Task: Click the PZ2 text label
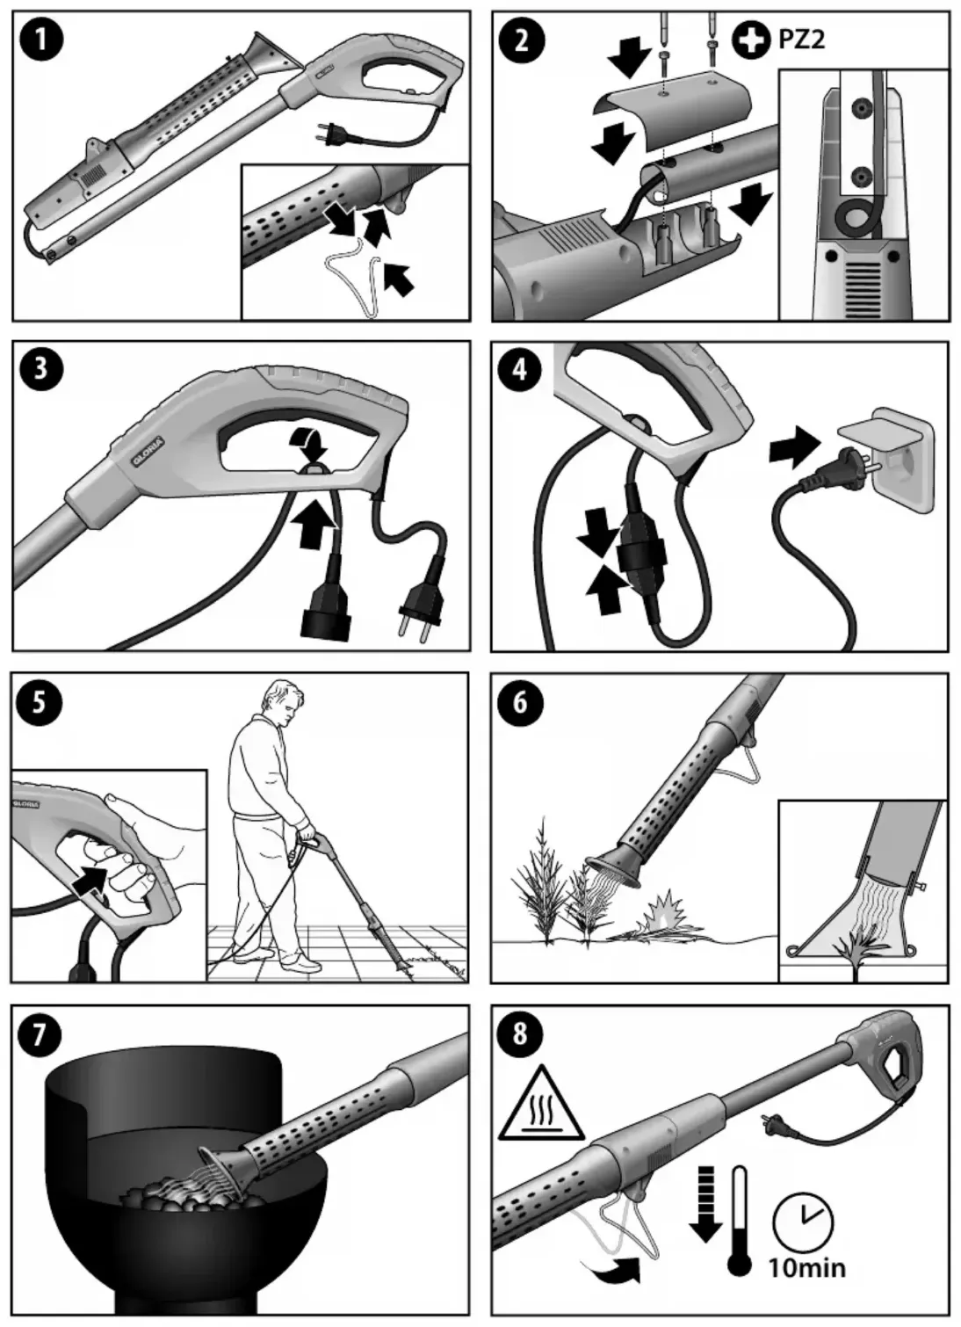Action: pos(801,40)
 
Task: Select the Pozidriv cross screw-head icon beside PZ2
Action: pos(750,40)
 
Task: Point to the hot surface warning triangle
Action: pos(541,1105)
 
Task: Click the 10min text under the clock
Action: pos(806,1266)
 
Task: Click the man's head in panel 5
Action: pos(285,703)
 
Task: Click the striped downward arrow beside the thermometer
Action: pos(704,1205)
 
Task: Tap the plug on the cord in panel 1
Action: pos(327,134)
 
